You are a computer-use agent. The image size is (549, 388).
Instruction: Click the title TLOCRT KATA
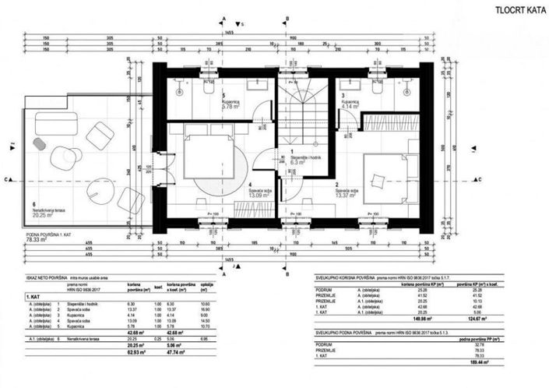(514, 10)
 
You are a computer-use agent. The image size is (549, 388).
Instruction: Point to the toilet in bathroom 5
(209, 88)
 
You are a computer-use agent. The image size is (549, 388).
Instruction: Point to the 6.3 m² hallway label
(300, 163)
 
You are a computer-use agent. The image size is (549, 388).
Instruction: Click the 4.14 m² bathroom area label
(353, 106)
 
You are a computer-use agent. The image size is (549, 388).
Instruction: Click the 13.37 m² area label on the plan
(347, 196)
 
